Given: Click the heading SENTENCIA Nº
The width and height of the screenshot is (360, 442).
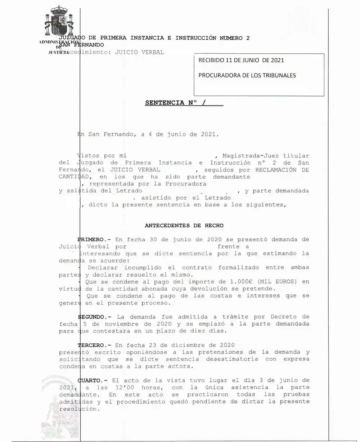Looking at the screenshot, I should pyautogui.click(x=171, y=103).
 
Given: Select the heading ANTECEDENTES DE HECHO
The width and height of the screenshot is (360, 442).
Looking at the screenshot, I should pyautogui.click(x=184, y=226).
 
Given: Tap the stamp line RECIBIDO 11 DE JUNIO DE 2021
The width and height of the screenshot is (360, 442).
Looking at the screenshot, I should pyautogui.click(x=241, y=60).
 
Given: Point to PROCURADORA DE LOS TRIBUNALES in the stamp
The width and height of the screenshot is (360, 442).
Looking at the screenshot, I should pyautogui.click(x=247, y=76).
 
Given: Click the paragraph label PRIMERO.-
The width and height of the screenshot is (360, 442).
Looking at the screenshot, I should pyautogui.click(x=94, y=240).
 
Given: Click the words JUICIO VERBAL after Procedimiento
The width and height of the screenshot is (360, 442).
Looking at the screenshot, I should pyautogui.click(x=139, y=52).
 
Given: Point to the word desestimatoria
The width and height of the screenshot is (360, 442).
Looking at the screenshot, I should pyautogui.click(x=232, y=359).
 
